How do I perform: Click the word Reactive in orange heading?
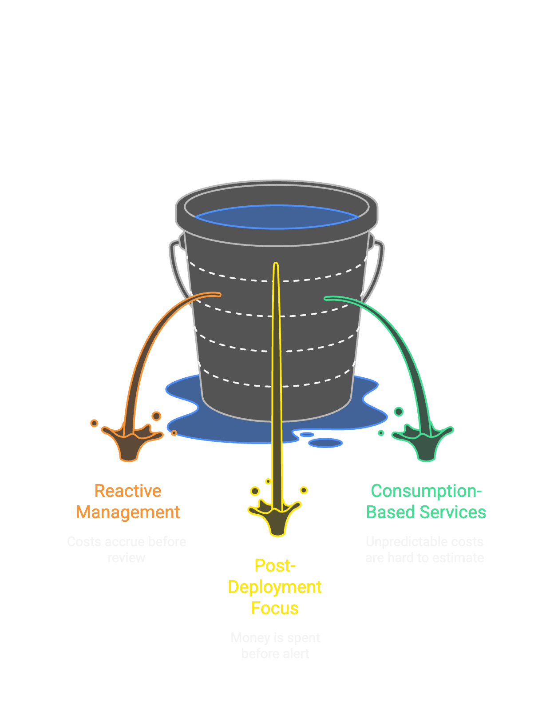point(128,491)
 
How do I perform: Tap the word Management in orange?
point(128,512)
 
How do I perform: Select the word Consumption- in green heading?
point(426,491)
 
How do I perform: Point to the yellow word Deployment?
point(275,587)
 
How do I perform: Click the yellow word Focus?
point(275,608)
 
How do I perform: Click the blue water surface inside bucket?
point(276,217)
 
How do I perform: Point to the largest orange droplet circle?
point(156,416)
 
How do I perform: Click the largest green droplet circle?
point(399,412)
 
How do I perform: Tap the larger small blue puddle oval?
point(325,443)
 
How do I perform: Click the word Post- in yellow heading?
point(275,566)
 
